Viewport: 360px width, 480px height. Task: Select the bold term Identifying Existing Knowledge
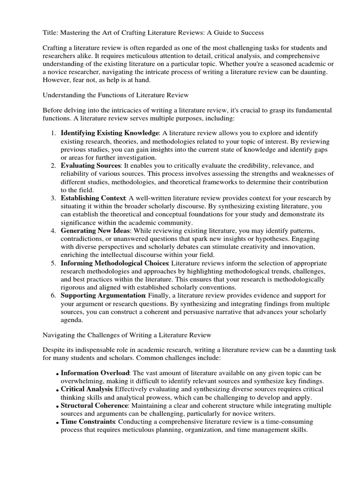110,134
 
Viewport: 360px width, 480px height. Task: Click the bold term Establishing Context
93,198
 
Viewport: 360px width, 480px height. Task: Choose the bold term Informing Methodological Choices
115,263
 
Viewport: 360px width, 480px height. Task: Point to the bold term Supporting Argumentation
103,295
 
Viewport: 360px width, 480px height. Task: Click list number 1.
52,134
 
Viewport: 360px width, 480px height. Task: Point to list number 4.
52,231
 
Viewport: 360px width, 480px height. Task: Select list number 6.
52,295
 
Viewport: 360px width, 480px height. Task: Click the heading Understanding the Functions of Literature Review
116,95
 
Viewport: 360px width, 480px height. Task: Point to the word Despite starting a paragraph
55,350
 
